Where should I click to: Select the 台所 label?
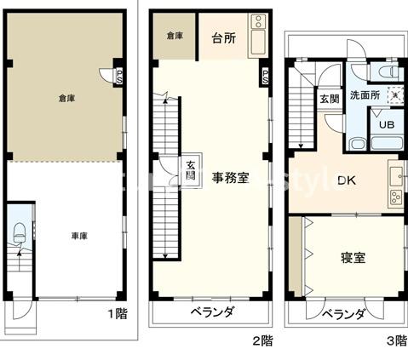click(224, 39)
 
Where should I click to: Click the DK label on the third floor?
click(347, 180)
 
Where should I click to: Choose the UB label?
click(386, 124)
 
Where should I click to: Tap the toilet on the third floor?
click(386, 71)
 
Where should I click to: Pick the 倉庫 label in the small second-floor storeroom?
click(175, 36)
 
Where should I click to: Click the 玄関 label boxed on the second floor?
click(192, 173)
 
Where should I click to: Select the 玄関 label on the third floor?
click(329, 99)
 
